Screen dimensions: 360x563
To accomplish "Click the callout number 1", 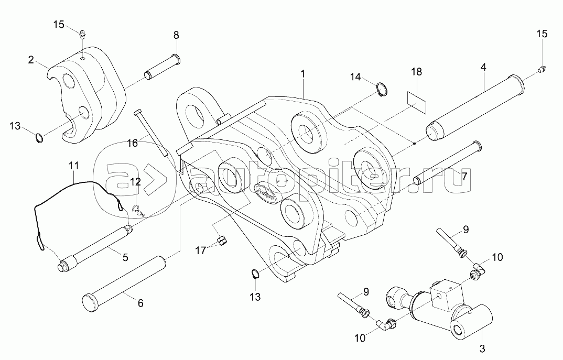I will (302, 74).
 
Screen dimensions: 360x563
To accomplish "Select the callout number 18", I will (416, 72).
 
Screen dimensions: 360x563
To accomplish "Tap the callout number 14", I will (356, 77).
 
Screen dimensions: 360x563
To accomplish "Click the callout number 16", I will (133, 143).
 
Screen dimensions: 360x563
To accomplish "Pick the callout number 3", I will (483, 347).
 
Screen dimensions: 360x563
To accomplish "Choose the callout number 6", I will (140, 302).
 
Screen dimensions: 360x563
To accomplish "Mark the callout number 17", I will (201, 250).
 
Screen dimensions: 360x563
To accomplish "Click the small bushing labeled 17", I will (222, 241).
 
